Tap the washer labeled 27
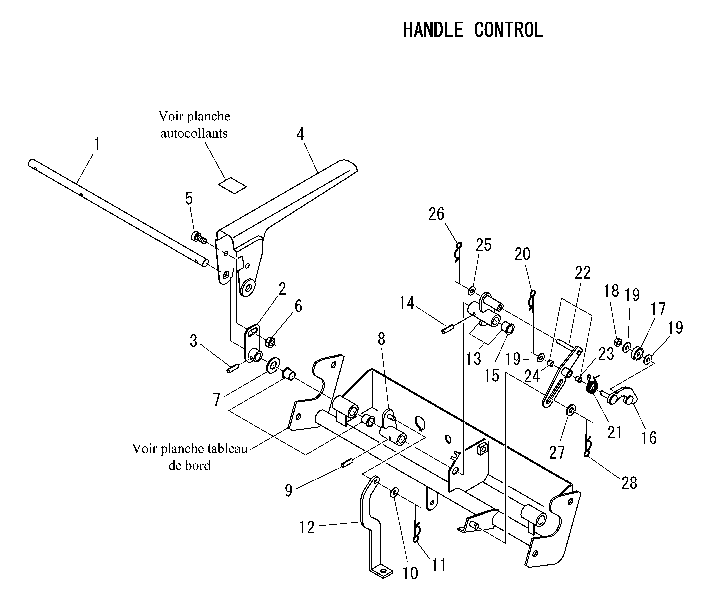pyautogui.click(x=571, y=410)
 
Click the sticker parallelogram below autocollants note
pyautogui.click(x=232, y=185)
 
